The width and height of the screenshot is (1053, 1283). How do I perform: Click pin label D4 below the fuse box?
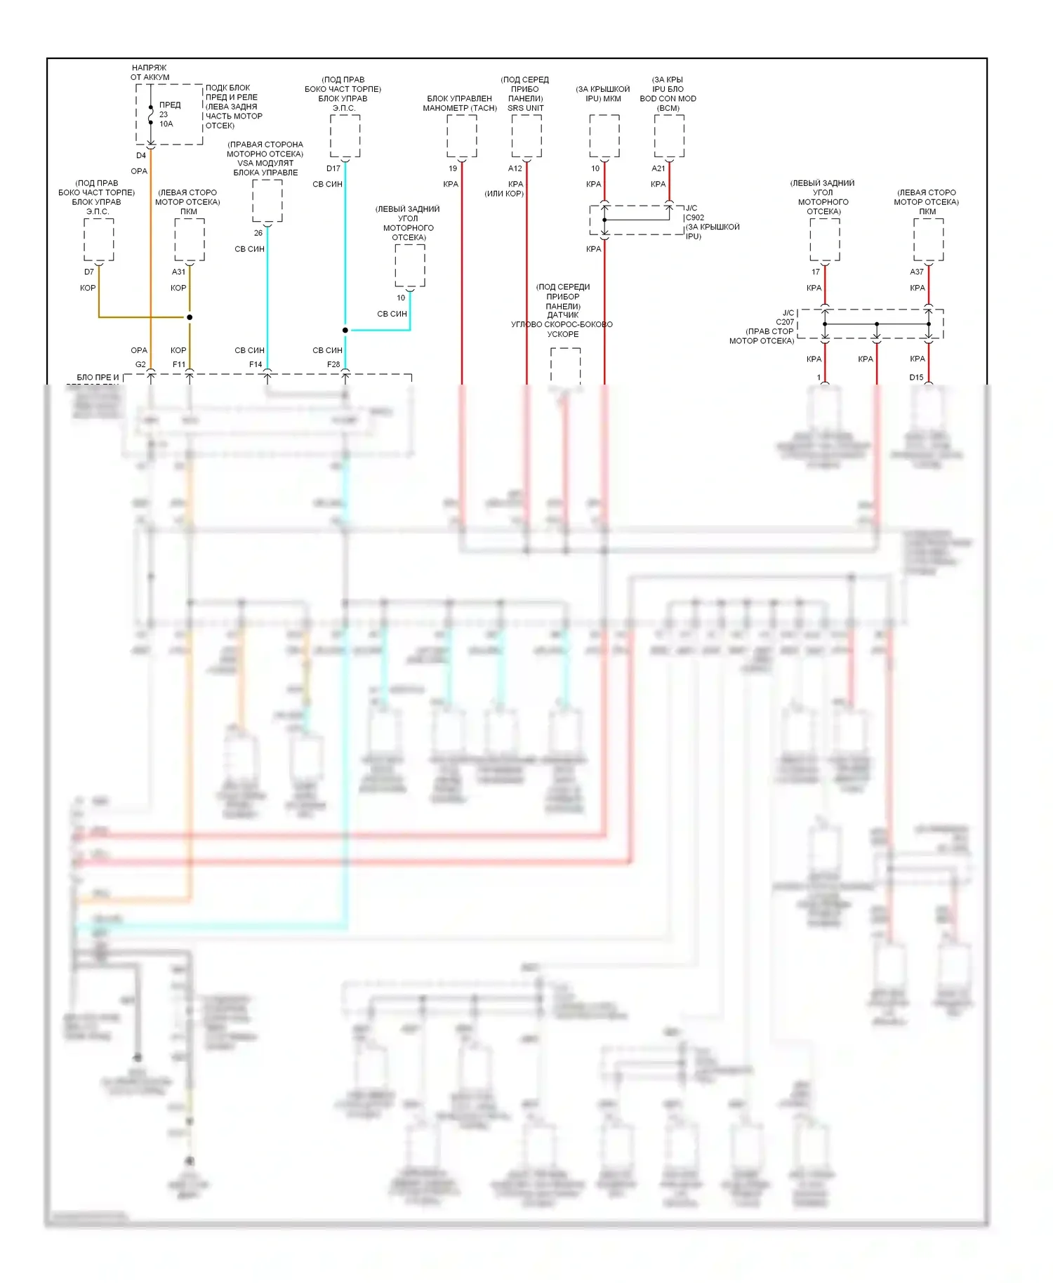point(141,155)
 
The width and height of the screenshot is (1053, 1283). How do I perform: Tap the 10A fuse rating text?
point(166,124)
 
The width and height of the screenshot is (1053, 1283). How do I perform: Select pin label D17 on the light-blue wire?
point(333,168)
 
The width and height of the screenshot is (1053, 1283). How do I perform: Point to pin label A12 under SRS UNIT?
point(515,168)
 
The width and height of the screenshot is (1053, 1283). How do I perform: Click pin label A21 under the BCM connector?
point(658,168)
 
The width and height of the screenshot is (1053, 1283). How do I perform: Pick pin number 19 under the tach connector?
point(453,168)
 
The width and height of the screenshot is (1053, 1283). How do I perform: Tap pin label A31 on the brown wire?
point(179,272)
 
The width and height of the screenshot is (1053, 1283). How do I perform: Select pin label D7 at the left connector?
point(89,272)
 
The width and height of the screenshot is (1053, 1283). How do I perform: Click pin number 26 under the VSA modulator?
point(258,233)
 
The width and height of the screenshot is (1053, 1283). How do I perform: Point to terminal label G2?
point(140,364)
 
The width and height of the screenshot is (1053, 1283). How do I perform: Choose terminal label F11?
point(179,364)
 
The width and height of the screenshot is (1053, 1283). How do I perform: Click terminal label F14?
point(256,364)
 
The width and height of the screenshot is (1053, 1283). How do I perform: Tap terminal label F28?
point(333,364)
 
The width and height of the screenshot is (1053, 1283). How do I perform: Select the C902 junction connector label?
point(695,218)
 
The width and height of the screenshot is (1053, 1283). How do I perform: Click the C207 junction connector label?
point(785,322)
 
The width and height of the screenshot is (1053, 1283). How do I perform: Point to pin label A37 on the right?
point(917,272)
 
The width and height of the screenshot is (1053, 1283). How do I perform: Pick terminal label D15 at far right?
point(917,377)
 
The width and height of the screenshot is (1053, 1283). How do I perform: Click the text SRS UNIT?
point(526,108)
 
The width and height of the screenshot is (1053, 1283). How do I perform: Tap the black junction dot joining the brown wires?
point(190,317)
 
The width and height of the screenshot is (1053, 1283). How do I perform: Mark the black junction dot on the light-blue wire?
point(345,330)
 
